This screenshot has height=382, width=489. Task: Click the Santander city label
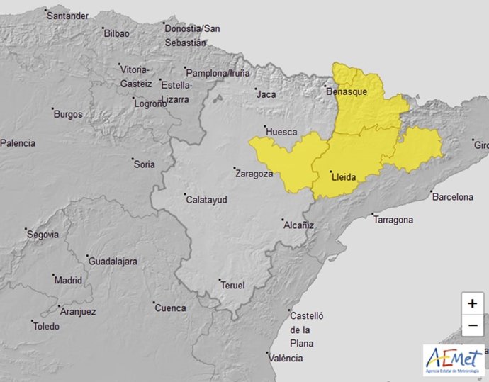pyautogui.click(x=68, y=16)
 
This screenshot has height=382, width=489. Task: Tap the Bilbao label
pyautogui.click(x=116, y=33)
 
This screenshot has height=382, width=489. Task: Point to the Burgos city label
pyautogui.click(x=68, y=114)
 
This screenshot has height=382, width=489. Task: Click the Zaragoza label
pyautogui.click(x=254, y=173)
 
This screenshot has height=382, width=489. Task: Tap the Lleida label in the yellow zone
pyautogui.click(x=343, y=177)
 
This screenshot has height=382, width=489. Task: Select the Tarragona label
pyautogui.click(x=393, y=220)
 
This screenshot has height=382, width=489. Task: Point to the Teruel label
pyautogui.click(x=233, y=286)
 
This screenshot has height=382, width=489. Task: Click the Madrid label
pyautogui.click(x=69, y=280)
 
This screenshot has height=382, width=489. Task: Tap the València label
pyautogui.click(x=287, y=359)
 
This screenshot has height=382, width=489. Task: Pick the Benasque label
pyautogui.click(x=347, y=92)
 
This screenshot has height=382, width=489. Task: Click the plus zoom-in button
pyautogui.click(x=472, y=303)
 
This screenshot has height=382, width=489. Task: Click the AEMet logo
pyautogui.click(x=454, y=361)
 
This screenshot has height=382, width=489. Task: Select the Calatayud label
pyautogui.click(x=206, y=201)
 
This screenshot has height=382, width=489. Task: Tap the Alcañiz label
pyautogui.click(x=298, y=225)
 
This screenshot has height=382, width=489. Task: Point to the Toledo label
pyautogui.click(x=46, y=327)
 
